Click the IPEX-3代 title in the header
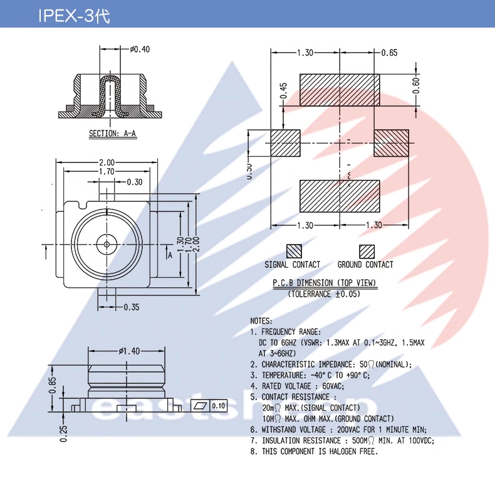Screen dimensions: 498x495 click(x=74, y=16)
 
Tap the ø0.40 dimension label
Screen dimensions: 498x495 click(x=140, y=49)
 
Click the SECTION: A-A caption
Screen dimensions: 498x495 click(x=113, y=134)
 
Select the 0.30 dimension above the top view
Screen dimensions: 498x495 click(x=134, y=182)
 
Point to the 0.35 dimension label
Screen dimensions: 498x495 click(x=131, y=307)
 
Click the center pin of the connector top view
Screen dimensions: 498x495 click(x=108, y=243)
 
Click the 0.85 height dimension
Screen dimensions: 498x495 click(x=53, y=383)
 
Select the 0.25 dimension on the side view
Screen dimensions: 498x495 click(x=63, y=432)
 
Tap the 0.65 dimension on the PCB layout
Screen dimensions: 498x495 click(x=389, y=53)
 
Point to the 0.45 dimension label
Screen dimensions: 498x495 click(x=283, y=91)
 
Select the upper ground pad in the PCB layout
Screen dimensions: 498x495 click(x=340, y=89)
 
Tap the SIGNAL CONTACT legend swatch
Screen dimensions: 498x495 click(x=294, y=251)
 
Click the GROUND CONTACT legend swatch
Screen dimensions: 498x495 click(x=367, y=251)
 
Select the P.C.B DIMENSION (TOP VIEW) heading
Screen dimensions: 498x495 click(x=325, y=283)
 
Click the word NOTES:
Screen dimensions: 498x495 click(x=261, y=321)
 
